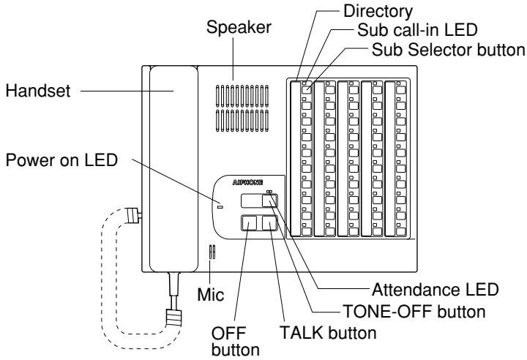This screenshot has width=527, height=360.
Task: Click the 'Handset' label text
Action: coord(38,91)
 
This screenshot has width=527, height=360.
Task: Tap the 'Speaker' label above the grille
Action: coord(239,28)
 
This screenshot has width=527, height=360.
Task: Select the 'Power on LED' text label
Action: coord(61,160)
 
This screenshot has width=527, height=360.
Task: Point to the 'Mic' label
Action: coord(210,295)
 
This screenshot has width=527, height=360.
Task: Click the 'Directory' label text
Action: coord(378,12)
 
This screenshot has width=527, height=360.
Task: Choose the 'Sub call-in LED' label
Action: coord(417,30)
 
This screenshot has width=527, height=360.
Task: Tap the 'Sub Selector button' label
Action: coord(449,50)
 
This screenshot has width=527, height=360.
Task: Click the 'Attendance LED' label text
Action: coord(436,290)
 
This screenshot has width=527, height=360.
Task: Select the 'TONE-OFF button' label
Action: coord(414,312)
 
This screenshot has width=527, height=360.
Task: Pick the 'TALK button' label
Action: coord(328,333)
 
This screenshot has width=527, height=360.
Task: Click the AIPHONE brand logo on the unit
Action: coord(247,182)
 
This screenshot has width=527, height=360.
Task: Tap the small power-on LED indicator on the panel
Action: coord(220,207)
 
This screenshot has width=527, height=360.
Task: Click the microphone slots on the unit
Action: coord(212,252)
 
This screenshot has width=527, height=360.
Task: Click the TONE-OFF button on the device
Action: coord(269,201)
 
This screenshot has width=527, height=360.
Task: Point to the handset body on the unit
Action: coord(173,169)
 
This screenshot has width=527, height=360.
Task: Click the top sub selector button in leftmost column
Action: coord(307,90)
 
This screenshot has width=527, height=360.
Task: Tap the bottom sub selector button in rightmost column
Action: coord(400,231)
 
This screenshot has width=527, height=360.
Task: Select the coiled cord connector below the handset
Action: coord(173,318)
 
